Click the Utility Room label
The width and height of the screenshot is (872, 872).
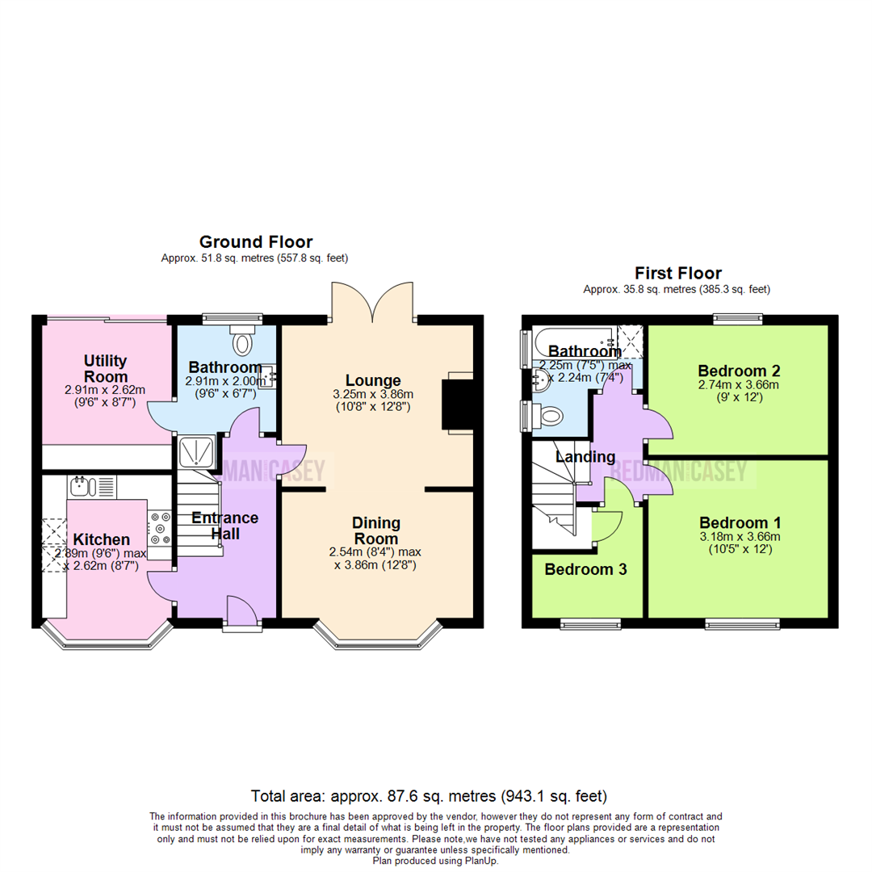click(x=106, y=368)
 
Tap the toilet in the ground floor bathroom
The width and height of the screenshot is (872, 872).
click(x=241, y=342)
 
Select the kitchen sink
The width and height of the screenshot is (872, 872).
click(x=82, y=487)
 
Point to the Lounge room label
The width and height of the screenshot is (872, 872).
click(x=373, y=380)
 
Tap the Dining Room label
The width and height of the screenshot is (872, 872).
click(x=376, y=531)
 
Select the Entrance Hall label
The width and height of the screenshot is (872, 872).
click(x=213, y=526)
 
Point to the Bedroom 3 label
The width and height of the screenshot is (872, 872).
click(x=585, y=569)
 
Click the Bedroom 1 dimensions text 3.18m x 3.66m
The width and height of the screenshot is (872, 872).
click(x=736, y=536)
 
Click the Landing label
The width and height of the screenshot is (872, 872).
click(x=585, y=458)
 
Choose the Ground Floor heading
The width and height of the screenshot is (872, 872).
click(x=256, y=241)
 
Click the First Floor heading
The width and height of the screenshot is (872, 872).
click(x=677, y=274)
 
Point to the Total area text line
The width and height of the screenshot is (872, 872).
click(x=429, y=795)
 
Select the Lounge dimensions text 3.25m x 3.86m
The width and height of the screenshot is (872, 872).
click(x=373, y=394)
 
